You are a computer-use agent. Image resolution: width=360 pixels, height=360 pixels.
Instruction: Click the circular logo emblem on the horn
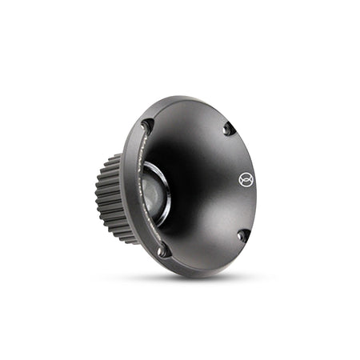pos(245,180)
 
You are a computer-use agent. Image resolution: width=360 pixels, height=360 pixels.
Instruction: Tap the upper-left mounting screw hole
pos(147,126)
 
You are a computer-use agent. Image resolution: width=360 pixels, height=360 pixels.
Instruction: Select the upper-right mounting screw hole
pos(229,128)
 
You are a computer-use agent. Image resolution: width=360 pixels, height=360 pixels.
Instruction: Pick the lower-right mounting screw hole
pos(243,234)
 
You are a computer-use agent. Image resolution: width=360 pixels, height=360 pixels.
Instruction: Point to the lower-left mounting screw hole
pos(163,250)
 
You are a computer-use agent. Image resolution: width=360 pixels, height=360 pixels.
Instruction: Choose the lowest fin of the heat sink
pos(120,238)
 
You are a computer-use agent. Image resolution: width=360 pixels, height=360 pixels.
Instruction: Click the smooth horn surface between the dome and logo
pos(204,188)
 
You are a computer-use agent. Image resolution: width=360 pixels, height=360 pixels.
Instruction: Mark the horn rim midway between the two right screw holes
pos(250,182)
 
